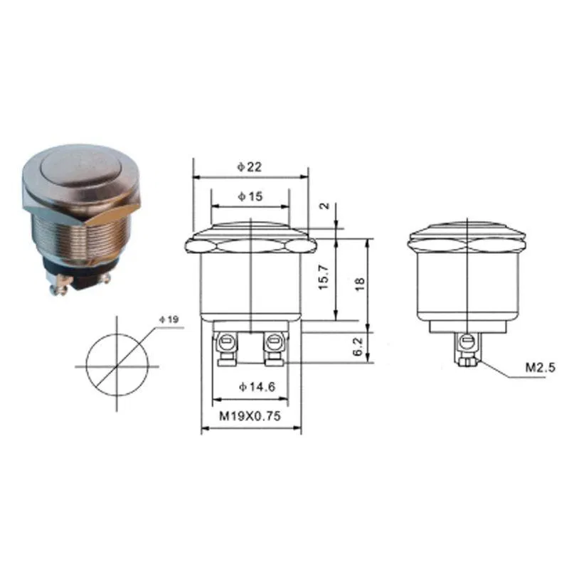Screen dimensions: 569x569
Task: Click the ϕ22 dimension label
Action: pyautogui.click(x=250, y=166)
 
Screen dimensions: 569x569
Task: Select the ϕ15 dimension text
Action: pyautogui.click(x=250, y=196)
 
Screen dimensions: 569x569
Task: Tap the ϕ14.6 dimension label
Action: pyautogui.click(x=257, y=387)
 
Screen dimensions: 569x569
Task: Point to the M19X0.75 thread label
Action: pyautogui.click(x=250, y=415)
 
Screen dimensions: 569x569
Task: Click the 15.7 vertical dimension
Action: pyautogui.click(x=324, y=277)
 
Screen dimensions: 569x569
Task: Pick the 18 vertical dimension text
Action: pyautogui.click(x=359, y=284)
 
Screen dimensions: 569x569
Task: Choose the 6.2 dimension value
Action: pyautogui.click(x=358, y=346)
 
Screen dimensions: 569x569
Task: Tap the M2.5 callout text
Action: pyautogui.click(x=541, y=368)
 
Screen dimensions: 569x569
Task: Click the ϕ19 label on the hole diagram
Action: pyautogui.click(x=169, y=319)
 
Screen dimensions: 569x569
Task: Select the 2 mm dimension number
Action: pyautogui.click(x=324, y=206)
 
